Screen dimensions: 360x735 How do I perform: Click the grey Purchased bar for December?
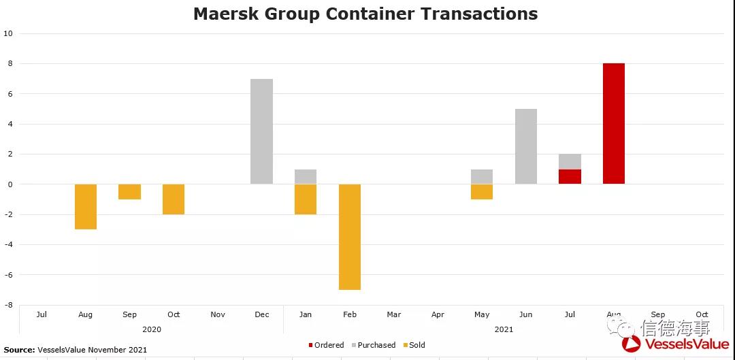(261, 131)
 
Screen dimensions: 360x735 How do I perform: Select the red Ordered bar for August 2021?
(613, 123)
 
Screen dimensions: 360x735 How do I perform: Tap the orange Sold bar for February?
(349, 237)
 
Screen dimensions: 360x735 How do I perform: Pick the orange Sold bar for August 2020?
(86, 206)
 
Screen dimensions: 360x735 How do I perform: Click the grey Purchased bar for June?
(525, 146)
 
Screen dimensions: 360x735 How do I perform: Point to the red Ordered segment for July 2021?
(570, 176)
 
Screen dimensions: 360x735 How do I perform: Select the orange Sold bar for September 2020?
(129, 191)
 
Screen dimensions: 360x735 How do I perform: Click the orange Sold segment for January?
(306, 199)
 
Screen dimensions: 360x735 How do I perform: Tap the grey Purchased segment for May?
(481, 176)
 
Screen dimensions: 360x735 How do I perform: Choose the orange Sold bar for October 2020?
(174, 199)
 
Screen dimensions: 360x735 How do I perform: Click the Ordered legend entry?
(329, 345)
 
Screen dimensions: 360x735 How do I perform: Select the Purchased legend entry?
(376, 345)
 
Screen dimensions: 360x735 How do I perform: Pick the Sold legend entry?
(416, 345)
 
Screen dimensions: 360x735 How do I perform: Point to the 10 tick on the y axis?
(8, 33)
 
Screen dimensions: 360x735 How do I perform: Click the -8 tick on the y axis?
(8, 305)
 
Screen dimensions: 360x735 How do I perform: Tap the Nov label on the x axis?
(218, 314)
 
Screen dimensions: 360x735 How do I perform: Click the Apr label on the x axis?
(438, 314)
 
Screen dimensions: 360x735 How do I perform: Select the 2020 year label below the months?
(152, 329)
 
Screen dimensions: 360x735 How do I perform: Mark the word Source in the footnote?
(19, 350)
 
